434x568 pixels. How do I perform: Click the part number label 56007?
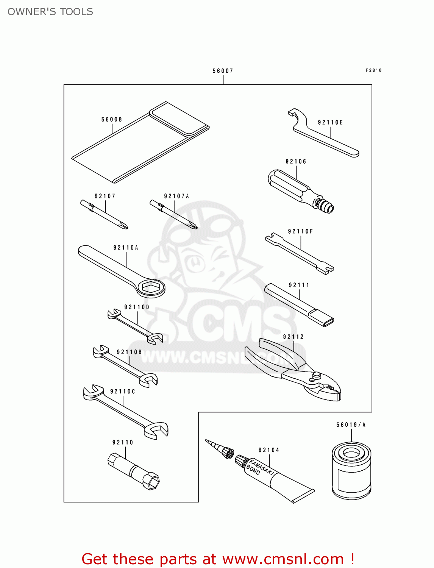[x=223, y=71]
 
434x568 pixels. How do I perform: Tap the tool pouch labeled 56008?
[x=140, y=142]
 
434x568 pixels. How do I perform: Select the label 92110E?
[x=330, y=122]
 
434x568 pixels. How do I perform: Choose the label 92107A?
[x=176, y=196]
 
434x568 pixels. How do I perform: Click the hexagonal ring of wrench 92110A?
[x=151, y=288]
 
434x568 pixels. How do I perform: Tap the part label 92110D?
[x=137, y=307]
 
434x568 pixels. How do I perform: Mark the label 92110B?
[x=129, y=352]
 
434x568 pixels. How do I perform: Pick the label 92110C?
[x=122, y=391]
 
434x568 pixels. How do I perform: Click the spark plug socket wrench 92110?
[x=133, y=471]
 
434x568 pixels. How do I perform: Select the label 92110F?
[x=300, y=231]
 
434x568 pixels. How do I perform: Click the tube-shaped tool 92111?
[x=299, y=305]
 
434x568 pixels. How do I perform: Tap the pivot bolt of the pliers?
[x=316, y=375]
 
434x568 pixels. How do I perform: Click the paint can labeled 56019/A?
[x=351, y=471]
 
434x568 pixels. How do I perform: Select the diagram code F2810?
[x=373, y=70]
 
